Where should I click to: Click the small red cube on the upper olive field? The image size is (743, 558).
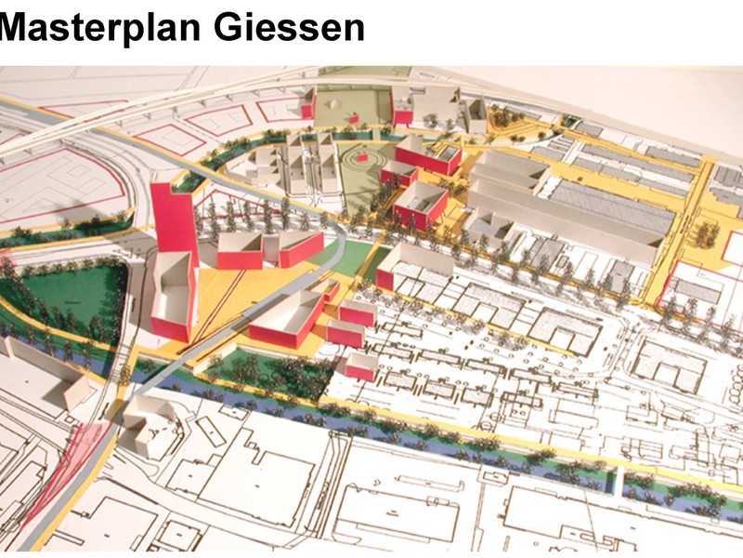pos(354,116)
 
